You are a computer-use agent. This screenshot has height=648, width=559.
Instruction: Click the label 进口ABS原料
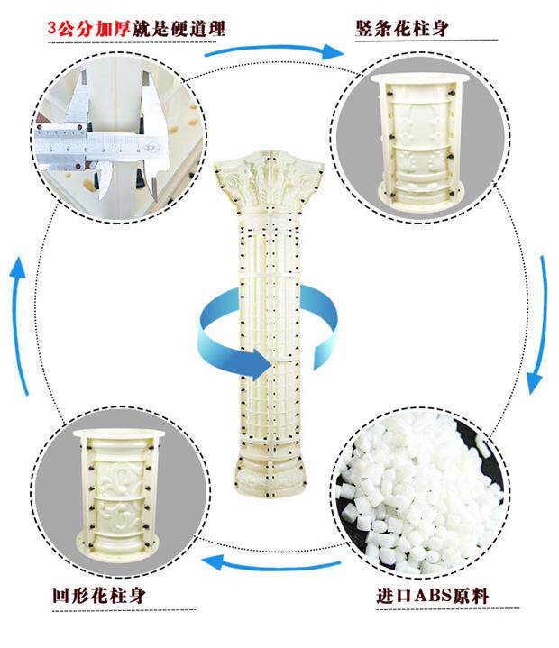(434, 597)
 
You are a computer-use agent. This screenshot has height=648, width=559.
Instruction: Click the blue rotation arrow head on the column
(261, 365)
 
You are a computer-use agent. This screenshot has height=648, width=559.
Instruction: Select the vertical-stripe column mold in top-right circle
(422, 140)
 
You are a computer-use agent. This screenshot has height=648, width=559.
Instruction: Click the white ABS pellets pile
(424, 491)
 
